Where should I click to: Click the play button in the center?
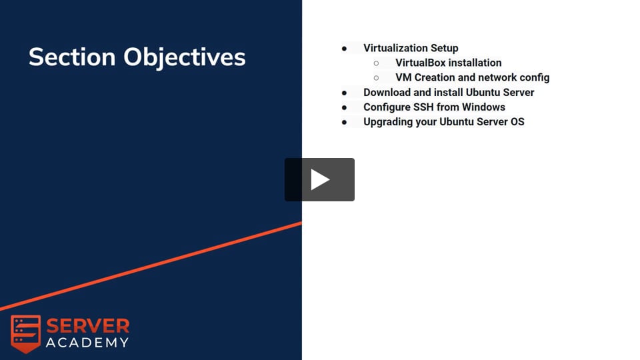[319, 179]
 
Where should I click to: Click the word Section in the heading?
[72, 57]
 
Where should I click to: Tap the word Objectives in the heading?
[185, 57]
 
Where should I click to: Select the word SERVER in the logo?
[88, 326]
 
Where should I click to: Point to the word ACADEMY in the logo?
[87, 343]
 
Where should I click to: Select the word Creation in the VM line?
[435, 77]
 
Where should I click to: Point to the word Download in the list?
[387, 92]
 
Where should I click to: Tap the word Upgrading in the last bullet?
[388, 122]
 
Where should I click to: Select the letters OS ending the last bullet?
[517, 121]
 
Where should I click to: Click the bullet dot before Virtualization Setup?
[344, 49]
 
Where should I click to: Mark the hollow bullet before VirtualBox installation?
[376, 63]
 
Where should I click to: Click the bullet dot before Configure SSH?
[344, 108]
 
